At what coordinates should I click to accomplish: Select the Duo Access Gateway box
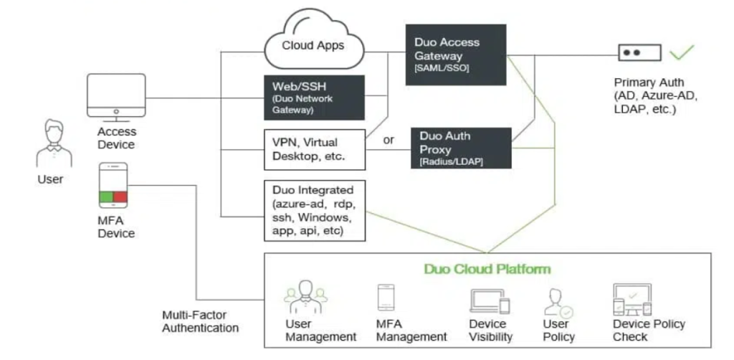[455, 55]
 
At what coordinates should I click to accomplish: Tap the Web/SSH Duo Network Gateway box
[313, 97]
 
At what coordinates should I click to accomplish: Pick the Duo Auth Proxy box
[461, 148]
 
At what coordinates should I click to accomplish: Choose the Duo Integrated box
[313, 210]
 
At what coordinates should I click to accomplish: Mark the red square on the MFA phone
[120, 197]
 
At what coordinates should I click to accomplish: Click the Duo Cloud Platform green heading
[487, 269]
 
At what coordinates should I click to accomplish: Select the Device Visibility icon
[490, 301]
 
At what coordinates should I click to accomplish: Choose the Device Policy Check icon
[631, 300]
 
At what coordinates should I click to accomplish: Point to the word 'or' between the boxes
[389, 140]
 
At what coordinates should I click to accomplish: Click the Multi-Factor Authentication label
[200, 321]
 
